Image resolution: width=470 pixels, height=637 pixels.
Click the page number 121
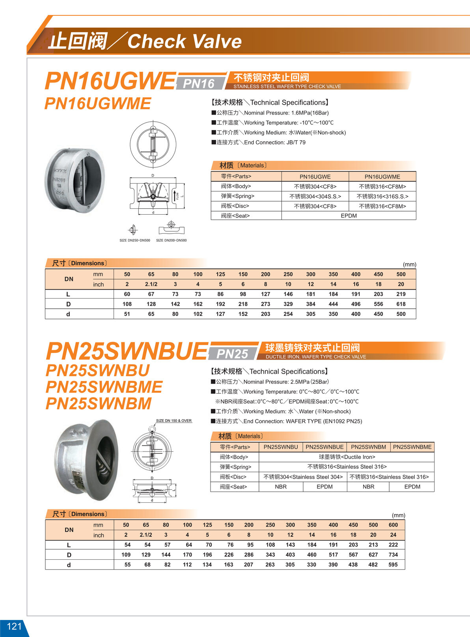(x=14, y=626)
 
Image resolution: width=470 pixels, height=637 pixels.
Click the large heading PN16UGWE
(x=110, y=81)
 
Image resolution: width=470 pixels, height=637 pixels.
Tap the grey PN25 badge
(x=232, y=354)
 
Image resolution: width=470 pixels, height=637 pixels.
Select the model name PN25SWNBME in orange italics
(x=104, y=387)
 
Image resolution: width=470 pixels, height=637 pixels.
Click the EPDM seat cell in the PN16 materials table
(x=349, y=216)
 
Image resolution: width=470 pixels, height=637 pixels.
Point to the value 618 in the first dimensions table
(x=401, y=304)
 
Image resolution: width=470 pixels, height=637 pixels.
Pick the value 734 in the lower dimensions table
(x=393, y=555)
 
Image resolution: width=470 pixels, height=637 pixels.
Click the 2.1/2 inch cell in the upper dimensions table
(x=151, y=284)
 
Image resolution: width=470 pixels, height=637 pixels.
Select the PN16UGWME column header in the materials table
(x=382, y=177)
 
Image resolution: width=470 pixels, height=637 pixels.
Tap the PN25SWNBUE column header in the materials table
(x=325, y=447)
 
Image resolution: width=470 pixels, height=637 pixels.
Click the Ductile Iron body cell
(x=347, y=457)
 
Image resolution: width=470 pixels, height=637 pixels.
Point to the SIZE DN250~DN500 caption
(x=134, y=240)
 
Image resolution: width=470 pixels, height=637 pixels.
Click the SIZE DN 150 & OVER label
(x=174, y=421)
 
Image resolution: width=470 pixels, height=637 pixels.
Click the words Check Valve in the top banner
(x=185, y=41)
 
